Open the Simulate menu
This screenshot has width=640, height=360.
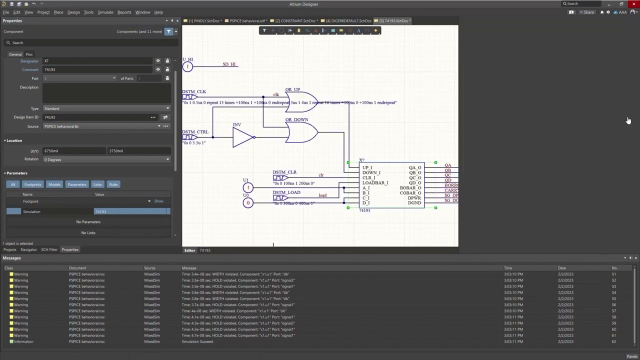(x=105, y=12)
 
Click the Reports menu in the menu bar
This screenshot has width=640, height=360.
(x=124, y=12)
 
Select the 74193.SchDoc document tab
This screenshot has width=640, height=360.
(x=395, y=21)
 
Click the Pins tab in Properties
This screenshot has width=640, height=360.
(x=29, y=54)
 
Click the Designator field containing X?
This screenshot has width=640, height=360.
(x=97, y=61)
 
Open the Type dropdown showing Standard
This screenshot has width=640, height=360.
(x=106, y=108)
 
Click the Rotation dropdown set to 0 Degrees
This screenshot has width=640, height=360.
(x=106, y=159)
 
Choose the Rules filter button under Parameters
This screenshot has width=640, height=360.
(x=113, y=184)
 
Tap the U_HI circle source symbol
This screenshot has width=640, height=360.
(x=187, y=66)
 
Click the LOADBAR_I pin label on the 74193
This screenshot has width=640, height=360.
(x=375, y=183)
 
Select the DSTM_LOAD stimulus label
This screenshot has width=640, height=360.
(x=286, y=192)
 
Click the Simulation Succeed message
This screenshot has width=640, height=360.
(x=197, y=341)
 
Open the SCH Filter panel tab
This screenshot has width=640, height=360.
(x=49, y=249)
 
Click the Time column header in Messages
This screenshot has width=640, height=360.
(x=508, y=268)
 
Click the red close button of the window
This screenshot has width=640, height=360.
(x=633, y=4)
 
